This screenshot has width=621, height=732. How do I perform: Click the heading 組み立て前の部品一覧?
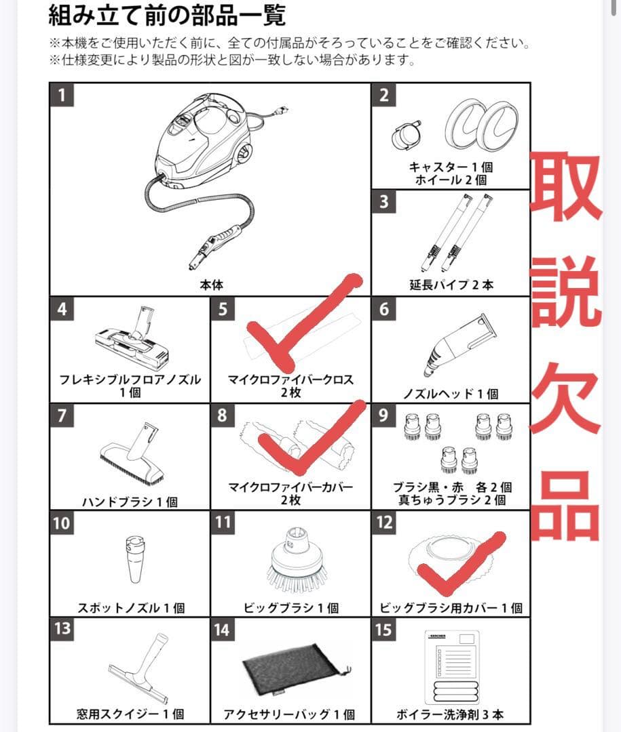click(166, 15)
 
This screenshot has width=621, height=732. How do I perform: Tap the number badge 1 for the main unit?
click(62, 95)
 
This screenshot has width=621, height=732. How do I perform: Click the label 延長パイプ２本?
click(451, 285)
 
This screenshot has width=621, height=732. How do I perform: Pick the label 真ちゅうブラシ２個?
click(451, 500)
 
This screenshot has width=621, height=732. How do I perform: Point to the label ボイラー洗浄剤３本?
click(451, 714)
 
